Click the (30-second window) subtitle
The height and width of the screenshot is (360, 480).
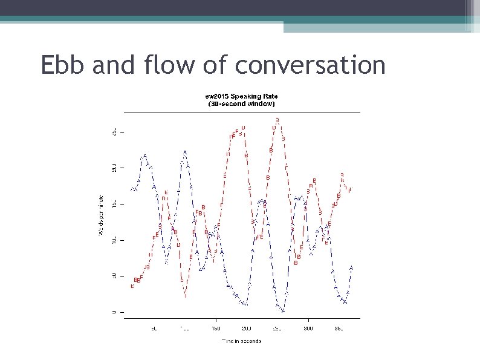pos(241,103)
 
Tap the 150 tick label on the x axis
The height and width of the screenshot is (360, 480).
pos(216,329)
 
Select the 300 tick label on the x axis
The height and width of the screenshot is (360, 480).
pos(308,329)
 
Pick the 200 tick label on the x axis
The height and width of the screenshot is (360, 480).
pos(247,329)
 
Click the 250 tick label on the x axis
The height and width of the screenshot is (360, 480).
pos(277,329)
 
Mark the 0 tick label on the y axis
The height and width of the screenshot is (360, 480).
pos(114,312)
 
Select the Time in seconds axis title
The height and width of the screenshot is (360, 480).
pos(241,341)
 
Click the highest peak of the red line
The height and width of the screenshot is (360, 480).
pos(277,120)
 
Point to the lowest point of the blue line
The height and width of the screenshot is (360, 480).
pos(282,311)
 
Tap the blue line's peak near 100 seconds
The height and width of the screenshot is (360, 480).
pos(184,152)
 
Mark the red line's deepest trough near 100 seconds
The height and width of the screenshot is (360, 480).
pos(186,296)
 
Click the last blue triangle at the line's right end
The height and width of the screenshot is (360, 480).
pos(351,267)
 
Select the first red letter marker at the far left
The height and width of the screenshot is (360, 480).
pos(132,286)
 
